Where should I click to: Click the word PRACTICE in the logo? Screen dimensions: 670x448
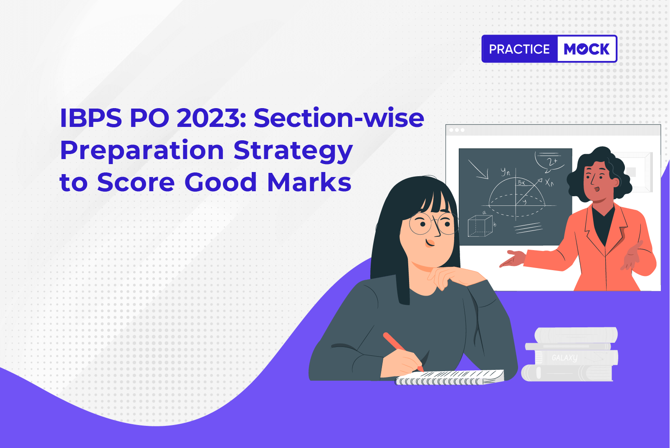tap(519, 49)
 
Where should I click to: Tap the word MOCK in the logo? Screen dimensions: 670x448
tap(587, 49)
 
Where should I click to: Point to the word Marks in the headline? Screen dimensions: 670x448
tap(309, 182)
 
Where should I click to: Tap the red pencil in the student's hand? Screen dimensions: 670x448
tap(403, 352)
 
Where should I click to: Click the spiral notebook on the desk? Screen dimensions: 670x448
tap(449, 377)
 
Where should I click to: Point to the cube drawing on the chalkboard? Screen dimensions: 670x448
tap(480, 226)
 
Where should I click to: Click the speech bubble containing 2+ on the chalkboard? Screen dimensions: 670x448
tap(550, 162)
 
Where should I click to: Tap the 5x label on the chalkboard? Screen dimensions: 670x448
tap(521, 182)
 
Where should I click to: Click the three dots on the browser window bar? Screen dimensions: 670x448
tap(457, 130)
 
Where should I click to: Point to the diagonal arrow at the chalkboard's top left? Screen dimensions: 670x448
tap(478, 169)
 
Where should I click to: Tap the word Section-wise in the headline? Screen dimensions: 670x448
tap(339, 118)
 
